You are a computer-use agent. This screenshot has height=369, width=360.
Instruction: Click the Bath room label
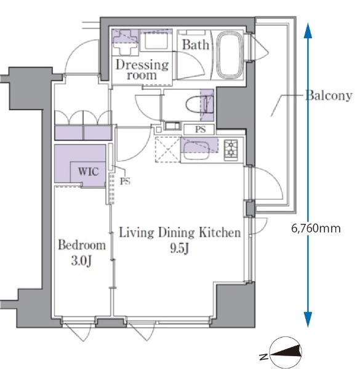point(196,45)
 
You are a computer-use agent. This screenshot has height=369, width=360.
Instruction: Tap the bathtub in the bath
point(230,55)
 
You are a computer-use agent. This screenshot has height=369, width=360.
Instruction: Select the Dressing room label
point(142,69)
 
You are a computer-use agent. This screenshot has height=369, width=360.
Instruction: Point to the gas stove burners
point(231,150)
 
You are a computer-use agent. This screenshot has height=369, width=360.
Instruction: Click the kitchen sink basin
point(196,151)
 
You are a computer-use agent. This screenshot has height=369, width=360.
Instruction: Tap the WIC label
point(88,172)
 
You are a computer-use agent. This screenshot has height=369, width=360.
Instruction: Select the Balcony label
point(329,96)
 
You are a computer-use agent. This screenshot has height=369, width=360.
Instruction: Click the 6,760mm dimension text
point(316,228)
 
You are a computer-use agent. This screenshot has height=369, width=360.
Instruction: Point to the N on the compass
point(264,357)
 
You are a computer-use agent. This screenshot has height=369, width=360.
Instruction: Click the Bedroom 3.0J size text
point(81,261)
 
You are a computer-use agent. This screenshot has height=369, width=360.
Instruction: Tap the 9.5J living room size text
point(180,248)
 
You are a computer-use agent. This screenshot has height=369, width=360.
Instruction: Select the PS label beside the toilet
point(200,129)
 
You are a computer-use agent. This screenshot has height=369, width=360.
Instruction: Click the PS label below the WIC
point(125,181)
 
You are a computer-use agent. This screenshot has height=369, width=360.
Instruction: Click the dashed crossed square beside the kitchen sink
point(167,149)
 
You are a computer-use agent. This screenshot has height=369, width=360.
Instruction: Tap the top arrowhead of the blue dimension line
point(308,31)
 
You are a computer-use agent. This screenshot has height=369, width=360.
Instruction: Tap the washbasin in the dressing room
point(156,41)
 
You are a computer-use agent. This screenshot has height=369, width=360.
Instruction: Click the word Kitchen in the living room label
point(220,232)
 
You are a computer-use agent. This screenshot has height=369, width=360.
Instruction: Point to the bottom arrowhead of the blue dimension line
point(308,320)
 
